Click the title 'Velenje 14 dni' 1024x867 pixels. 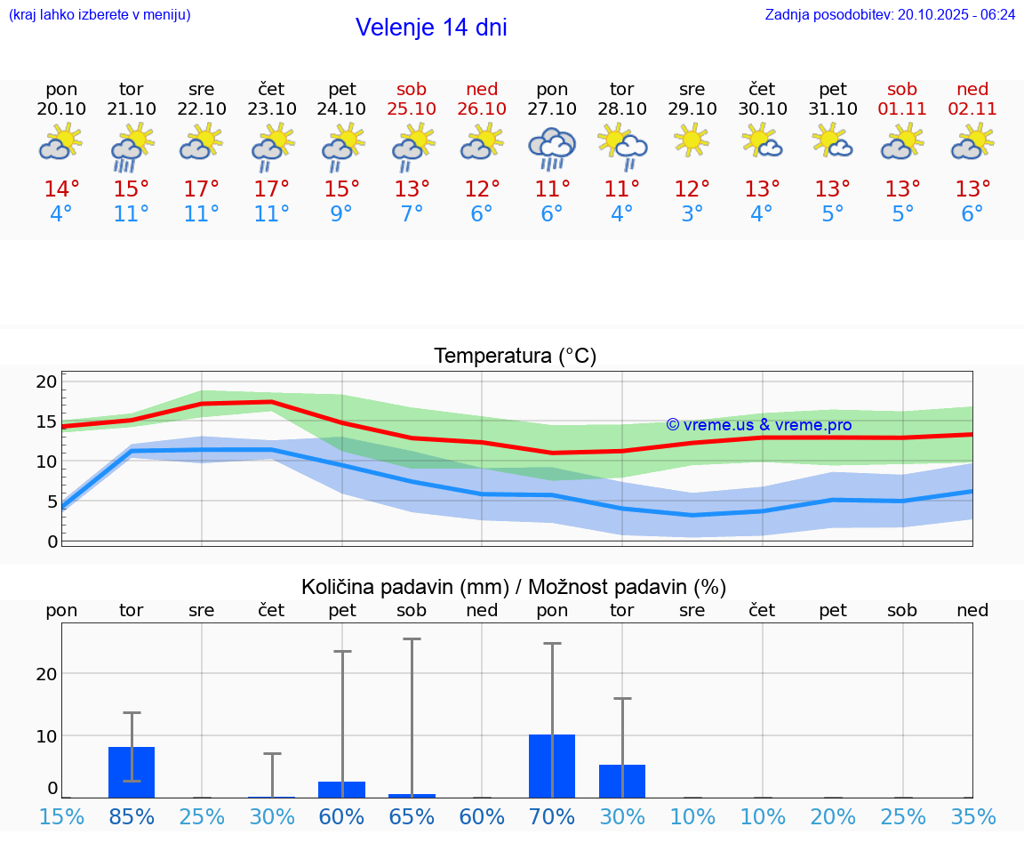431,28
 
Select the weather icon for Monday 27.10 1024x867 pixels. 552,148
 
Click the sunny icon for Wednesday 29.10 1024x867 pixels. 692,140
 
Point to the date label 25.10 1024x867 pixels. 412,109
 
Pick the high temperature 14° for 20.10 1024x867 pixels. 61,189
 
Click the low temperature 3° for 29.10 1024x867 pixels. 692,214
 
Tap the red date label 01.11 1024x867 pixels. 902,109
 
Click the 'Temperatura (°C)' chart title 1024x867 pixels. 515,357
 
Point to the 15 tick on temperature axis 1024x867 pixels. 46,421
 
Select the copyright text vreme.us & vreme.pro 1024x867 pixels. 758,425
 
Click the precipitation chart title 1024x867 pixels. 514,587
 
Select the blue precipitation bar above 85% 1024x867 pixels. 132,772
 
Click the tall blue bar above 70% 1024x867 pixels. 552,766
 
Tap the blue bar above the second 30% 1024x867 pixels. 622,781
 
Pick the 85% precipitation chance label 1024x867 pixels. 132,816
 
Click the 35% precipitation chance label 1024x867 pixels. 972,816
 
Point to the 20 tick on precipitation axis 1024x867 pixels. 46,674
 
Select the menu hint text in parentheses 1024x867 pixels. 100,14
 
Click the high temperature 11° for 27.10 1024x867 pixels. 552,189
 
